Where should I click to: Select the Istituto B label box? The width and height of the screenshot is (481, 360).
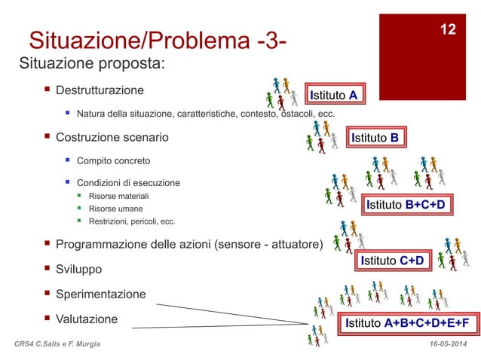click(375, 138)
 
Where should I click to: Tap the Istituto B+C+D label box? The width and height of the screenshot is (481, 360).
click(406, 205)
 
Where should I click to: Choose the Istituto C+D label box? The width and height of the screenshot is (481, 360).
click(392, 261)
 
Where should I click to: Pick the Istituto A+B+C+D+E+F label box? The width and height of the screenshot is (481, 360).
click(407, 324)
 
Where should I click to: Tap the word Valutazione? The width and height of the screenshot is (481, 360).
click(87, 319)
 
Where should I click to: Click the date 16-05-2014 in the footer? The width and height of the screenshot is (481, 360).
click(446, 343)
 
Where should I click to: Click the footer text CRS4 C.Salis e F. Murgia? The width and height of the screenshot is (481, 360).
click(62, 343)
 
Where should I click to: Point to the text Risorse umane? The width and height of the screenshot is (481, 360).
click(115, 209)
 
